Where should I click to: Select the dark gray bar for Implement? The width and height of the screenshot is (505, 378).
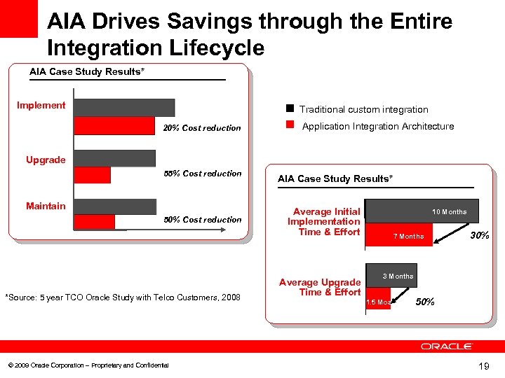tap(123, 107)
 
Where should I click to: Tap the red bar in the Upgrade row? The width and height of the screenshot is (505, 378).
tap(92, 175)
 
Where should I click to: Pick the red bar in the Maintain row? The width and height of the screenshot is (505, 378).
tap(94, 221)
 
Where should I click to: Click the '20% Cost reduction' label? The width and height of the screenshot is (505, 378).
tap(202, 128)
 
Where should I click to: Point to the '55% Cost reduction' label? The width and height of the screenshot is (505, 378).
tap(202, 174)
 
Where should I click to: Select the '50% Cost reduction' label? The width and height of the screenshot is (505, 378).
tap(202, 220)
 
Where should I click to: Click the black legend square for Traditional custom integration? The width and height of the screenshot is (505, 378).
tap(289, 108)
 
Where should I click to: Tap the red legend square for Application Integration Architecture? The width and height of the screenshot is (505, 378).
tap(289, 126)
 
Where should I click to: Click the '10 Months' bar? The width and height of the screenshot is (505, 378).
tap(421, 212)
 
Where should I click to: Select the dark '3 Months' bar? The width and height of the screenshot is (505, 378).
tap(391, 276)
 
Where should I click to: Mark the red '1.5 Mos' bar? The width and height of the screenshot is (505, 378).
tap(378, 302)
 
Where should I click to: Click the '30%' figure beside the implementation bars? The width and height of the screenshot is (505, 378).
tap(479, 236)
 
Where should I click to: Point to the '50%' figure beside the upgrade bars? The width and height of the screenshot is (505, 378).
tap(425, 302)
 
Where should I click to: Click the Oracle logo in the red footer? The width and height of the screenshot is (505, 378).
tap(447, 346)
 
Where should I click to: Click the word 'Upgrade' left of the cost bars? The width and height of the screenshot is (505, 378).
tap(46, 160)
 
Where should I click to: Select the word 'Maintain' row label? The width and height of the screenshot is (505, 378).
tap(46, 206)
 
